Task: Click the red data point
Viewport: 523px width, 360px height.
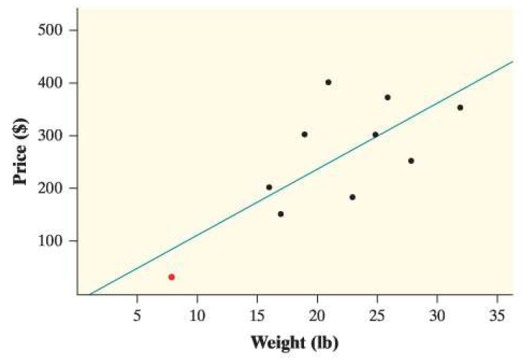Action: (171, 277)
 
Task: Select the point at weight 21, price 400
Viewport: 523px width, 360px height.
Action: (328, 82)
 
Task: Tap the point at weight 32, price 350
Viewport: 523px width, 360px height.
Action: (460, 108)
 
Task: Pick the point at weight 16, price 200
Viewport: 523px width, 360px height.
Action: (269, 187)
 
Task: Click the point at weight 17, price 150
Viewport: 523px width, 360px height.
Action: (280, 214)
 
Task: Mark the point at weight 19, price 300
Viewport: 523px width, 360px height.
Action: (304, 134)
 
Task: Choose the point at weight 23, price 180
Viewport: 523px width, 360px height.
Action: (352, 197)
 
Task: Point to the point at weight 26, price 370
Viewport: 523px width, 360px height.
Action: (388, 97)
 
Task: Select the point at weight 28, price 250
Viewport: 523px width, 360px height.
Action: (411, 161)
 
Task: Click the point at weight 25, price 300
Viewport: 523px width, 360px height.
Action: (375, 135)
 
